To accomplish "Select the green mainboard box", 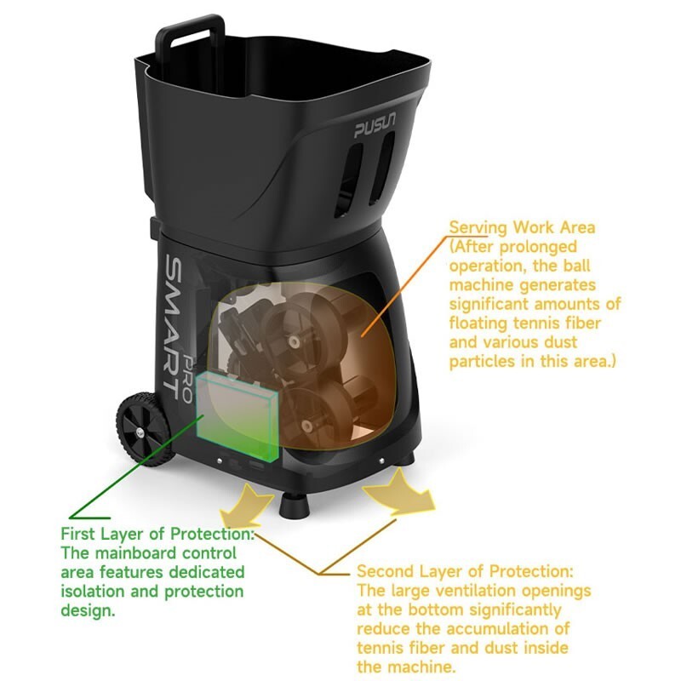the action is coord(237,416).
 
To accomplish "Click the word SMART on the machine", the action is coord(174,327).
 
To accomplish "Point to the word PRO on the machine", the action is coord(187,379).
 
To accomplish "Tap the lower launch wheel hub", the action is coord(308,426).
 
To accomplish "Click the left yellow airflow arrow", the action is coord(246,505).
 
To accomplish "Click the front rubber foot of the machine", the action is coord(295,506).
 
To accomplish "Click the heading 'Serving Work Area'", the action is coord(522,227).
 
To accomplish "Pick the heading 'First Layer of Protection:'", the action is coord(157,534).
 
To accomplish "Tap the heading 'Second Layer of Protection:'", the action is coord(465,571).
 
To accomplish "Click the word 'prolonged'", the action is coord(538,247).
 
